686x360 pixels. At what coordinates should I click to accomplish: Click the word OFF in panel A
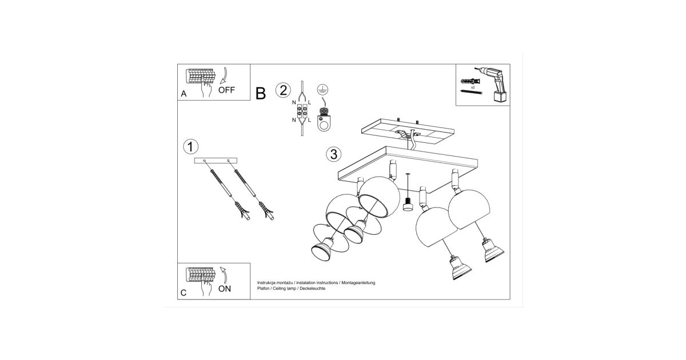(x=226, y=90)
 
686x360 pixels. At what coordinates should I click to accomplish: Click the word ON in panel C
(x=225, y=289)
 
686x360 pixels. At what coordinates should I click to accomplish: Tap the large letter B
(x=260, y=93)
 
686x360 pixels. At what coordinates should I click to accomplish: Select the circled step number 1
(x=190, y=147)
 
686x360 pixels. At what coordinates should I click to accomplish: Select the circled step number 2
(x=283, y=90)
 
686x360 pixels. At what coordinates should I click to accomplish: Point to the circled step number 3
(x=333, y=154)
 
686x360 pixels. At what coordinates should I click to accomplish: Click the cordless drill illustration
(x=492, y=84)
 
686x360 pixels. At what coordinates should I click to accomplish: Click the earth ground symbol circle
(x=322, y=89)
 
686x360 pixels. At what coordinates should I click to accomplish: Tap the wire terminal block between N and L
(x=302, y=111)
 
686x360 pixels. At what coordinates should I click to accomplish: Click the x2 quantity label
(x=473, y=87)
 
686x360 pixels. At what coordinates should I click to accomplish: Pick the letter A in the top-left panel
(x=184, y=94)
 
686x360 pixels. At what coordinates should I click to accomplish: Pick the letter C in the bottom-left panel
(x=184, y=293)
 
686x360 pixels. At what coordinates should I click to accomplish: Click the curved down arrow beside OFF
(x=224, y=75)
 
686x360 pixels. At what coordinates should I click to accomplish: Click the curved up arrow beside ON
(x=224, y=275)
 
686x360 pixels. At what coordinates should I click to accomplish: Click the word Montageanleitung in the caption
(x=358, y=283)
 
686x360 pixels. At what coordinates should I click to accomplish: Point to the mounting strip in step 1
(x=216, y=161)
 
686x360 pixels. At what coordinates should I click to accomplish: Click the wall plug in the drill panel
(x=470, y=82)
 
